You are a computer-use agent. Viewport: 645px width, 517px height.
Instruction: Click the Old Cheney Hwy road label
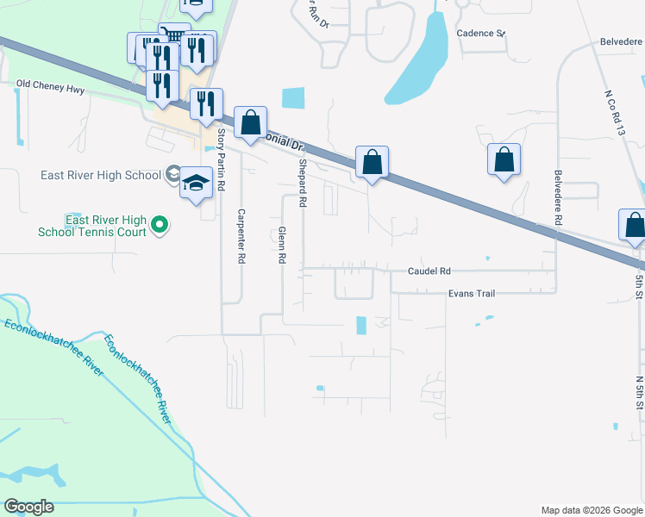[x=51, y=84]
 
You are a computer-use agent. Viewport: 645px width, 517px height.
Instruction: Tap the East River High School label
[x=101, y=175]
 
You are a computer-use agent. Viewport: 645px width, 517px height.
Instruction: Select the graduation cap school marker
[x=197, y=183]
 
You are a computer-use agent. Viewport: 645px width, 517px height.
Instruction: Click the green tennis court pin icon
[x=159, y=225]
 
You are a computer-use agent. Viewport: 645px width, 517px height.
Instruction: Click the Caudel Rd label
[x=429, y=271]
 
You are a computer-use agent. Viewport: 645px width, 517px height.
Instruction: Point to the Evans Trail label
[x=471, y=294]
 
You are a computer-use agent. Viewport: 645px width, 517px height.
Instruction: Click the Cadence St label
[x=480, y=34]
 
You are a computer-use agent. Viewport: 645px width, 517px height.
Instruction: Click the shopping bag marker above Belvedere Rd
[x=504, y=159]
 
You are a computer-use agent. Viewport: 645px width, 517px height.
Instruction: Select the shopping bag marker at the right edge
[x=634, y=224]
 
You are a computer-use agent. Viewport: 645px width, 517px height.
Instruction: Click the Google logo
[x=28, y=507]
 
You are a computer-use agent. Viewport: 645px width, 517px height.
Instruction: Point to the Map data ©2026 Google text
[x=591, y=510]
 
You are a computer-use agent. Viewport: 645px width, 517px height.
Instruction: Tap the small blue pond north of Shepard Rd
[x=293, y=98]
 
